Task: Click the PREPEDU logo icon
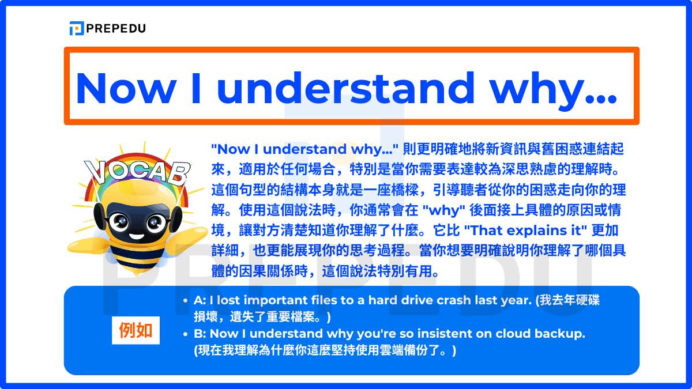coord(77,28)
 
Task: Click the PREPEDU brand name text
coord(116,28)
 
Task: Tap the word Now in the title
coord(126,88)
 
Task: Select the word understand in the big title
coord(345,88)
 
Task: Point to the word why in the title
coord(537,91)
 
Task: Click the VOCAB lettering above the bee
coord(137,171)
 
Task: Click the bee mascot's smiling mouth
coord(137,237)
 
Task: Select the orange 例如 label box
coord(136,330)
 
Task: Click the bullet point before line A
coord(185,300)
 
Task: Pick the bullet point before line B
coord(185,334)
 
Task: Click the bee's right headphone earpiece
coord(176,220)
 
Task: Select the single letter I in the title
coord(197,88)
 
